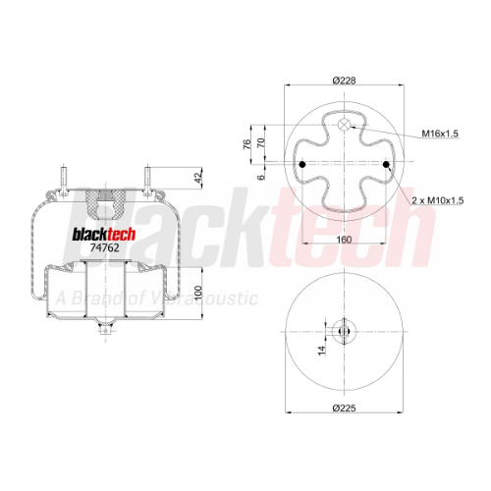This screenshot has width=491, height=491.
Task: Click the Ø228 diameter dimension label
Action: pyautogui.click(x=344, y=81)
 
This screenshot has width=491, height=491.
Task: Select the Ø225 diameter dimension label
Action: pyautogui.click(x=344, y=408)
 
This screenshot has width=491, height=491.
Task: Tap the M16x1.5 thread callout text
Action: pyautogui.click(x=440, y=134)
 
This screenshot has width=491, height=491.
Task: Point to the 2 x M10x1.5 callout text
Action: pyautogui.click(x=438, y=200)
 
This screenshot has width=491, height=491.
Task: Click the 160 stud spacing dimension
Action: pyautogui.click(x=344, y=240)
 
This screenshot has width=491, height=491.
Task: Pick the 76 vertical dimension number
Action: pyautogui.click(x=246, y=144)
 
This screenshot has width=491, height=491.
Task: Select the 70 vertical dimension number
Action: pyautogui.click(x=260, y=142)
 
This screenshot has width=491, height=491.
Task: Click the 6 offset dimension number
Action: pyautogui.click(x=260, y=177)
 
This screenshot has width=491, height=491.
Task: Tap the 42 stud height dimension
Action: pyautogui.click(x=198, y=178)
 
